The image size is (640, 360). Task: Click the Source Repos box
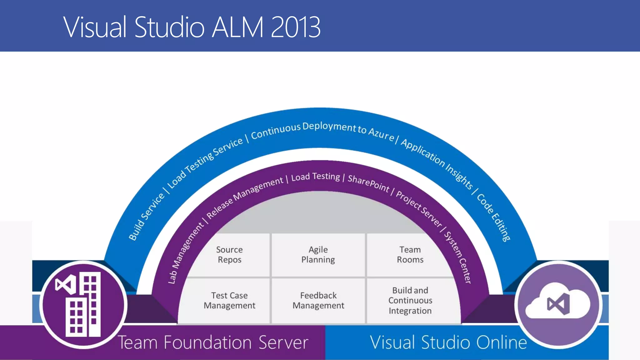(229, 255)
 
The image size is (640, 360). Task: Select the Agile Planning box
(318, 255)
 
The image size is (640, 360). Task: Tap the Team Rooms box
(410, 255)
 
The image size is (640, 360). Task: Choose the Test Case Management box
(229, 300)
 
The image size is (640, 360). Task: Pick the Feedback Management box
(318, 300)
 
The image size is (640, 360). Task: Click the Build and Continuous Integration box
(410, 300)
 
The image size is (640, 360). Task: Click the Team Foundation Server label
(213, 342)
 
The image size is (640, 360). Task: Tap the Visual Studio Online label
(448, 342)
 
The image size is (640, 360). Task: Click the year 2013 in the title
(295, 27)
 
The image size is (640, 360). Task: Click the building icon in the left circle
(83, 305)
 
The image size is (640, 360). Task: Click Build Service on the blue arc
(146, 217)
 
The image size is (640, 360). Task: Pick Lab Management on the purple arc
(186, 253)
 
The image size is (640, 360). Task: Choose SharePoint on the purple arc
(368, 183)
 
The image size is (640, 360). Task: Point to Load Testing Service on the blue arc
(205, 162)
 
